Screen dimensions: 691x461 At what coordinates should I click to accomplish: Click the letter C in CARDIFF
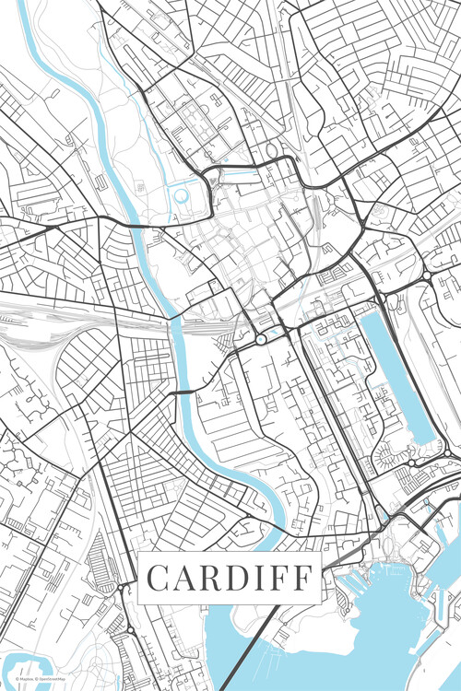(160, 579)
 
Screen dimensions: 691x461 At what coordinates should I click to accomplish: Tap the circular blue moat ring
(181, 195)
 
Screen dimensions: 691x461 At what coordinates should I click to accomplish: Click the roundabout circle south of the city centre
(261, 340)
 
